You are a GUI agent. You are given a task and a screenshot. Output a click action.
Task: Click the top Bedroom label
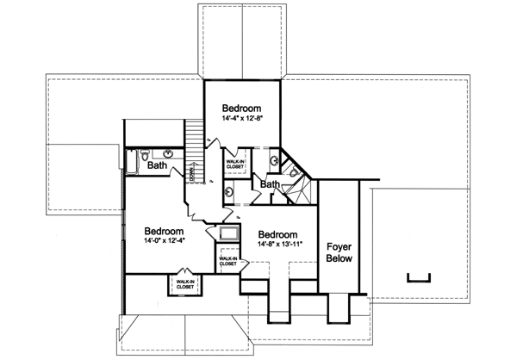point(242,108)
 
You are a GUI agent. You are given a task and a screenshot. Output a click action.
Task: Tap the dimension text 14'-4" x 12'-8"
point(242,119)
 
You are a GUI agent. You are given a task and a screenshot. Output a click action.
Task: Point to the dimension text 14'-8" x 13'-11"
point(277,245)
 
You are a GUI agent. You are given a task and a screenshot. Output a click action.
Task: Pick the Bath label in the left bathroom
point(157,164)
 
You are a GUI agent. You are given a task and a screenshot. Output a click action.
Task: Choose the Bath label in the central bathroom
point(270,184)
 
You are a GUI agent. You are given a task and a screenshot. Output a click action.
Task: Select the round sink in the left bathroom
point(169,153)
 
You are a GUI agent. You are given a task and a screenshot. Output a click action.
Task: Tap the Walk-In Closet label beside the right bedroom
point(228,260)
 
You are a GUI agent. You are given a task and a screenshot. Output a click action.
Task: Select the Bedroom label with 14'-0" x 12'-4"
point(164,232)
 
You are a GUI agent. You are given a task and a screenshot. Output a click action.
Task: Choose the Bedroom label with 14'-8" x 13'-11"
point(277,234)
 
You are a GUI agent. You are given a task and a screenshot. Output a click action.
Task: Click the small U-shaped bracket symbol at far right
point(417,276)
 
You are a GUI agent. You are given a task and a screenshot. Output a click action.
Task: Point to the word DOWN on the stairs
point(191,171)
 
